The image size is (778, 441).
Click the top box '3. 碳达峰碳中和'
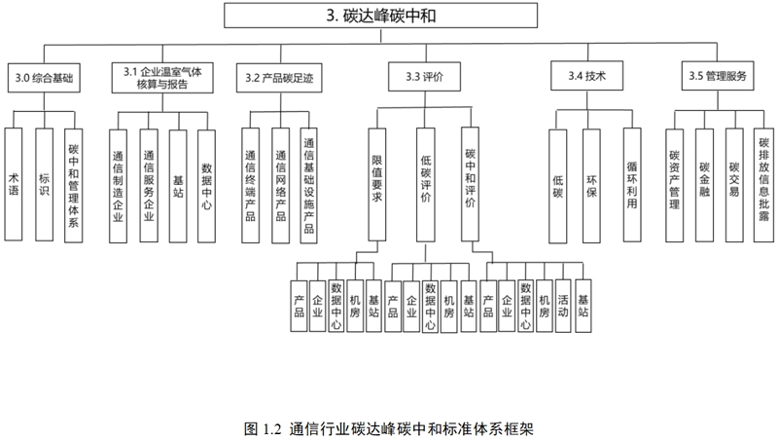point(380,16)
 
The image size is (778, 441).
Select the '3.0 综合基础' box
point(44,78)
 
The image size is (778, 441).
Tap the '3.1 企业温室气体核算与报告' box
point(162,78)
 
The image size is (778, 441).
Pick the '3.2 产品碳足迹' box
point(279,78)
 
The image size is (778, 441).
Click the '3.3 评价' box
point(424,77)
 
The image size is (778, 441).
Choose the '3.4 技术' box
point(587,76)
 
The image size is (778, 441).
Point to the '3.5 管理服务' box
point(718,76)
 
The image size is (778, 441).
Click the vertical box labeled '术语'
point(14,184)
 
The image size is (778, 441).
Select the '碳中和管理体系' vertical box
point(74,186)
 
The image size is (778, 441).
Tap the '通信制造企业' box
point(118,186)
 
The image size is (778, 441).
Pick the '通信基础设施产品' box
point(308,186)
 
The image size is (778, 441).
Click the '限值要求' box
point(377,184)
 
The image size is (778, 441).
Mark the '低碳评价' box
point(426,185)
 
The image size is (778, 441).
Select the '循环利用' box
point(632,185)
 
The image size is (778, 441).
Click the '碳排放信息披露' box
point(763,185)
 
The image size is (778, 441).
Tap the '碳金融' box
point(704,185)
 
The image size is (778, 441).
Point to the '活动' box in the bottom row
point(563,306)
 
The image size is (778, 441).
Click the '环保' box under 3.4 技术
point(591,186)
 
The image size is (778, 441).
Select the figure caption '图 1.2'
point(263,428)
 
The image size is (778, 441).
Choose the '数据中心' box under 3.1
point(206,186)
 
